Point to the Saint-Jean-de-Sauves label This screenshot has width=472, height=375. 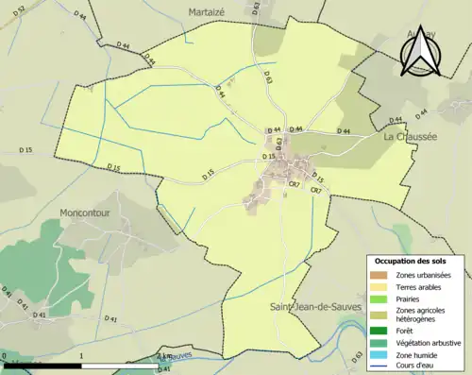click(313, 281)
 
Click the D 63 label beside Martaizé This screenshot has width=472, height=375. click(256, 9)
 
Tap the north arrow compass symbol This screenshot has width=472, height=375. click(420, 49)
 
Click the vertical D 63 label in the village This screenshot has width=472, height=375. click(279, 143)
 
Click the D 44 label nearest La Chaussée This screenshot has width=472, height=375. click(395, 120)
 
